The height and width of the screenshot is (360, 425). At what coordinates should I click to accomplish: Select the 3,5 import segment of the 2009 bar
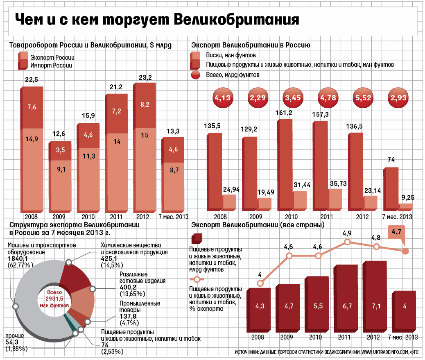tap(60, 150)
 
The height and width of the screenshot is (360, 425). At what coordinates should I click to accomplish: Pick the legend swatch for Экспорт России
tap(23, 56)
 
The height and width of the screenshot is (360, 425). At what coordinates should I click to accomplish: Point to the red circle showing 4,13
tap(223, 98)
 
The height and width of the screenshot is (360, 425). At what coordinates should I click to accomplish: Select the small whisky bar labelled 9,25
tap(406, 207)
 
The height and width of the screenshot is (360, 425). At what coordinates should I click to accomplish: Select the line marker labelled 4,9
tap(347, 242)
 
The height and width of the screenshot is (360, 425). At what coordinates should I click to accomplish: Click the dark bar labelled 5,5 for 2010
tap(316, 305)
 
